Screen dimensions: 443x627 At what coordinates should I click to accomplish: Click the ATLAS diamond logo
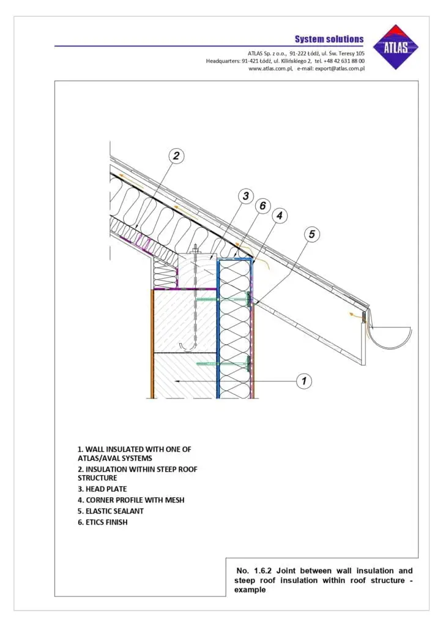[x=399, y=47]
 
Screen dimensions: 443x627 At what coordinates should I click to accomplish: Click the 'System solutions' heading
[x=329, y=39]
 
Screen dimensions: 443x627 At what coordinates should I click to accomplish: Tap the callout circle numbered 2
[x=176, y=156]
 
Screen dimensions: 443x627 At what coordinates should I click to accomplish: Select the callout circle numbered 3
[x=245, y=196]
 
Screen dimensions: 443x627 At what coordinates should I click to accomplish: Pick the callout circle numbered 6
[x=262, y=206]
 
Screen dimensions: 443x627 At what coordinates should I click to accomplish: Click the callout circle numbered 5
[x=311, y=234]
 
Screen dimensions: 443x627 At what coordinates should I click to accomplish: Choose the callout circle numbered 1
[x=304, y=381]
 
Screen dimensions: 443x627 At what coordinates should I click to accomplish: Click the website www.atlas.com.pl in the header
[x=270, y=69]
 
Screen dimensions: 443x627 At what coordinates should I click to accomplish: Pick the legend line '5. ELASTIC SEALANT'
[x=111, y=511]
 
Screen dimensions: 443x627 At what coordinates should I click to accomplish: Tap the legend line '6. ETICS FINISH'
[x=103, y=522]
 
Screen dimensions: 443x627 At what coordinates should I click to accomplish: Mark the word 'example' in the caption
[x=250, y=590]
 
